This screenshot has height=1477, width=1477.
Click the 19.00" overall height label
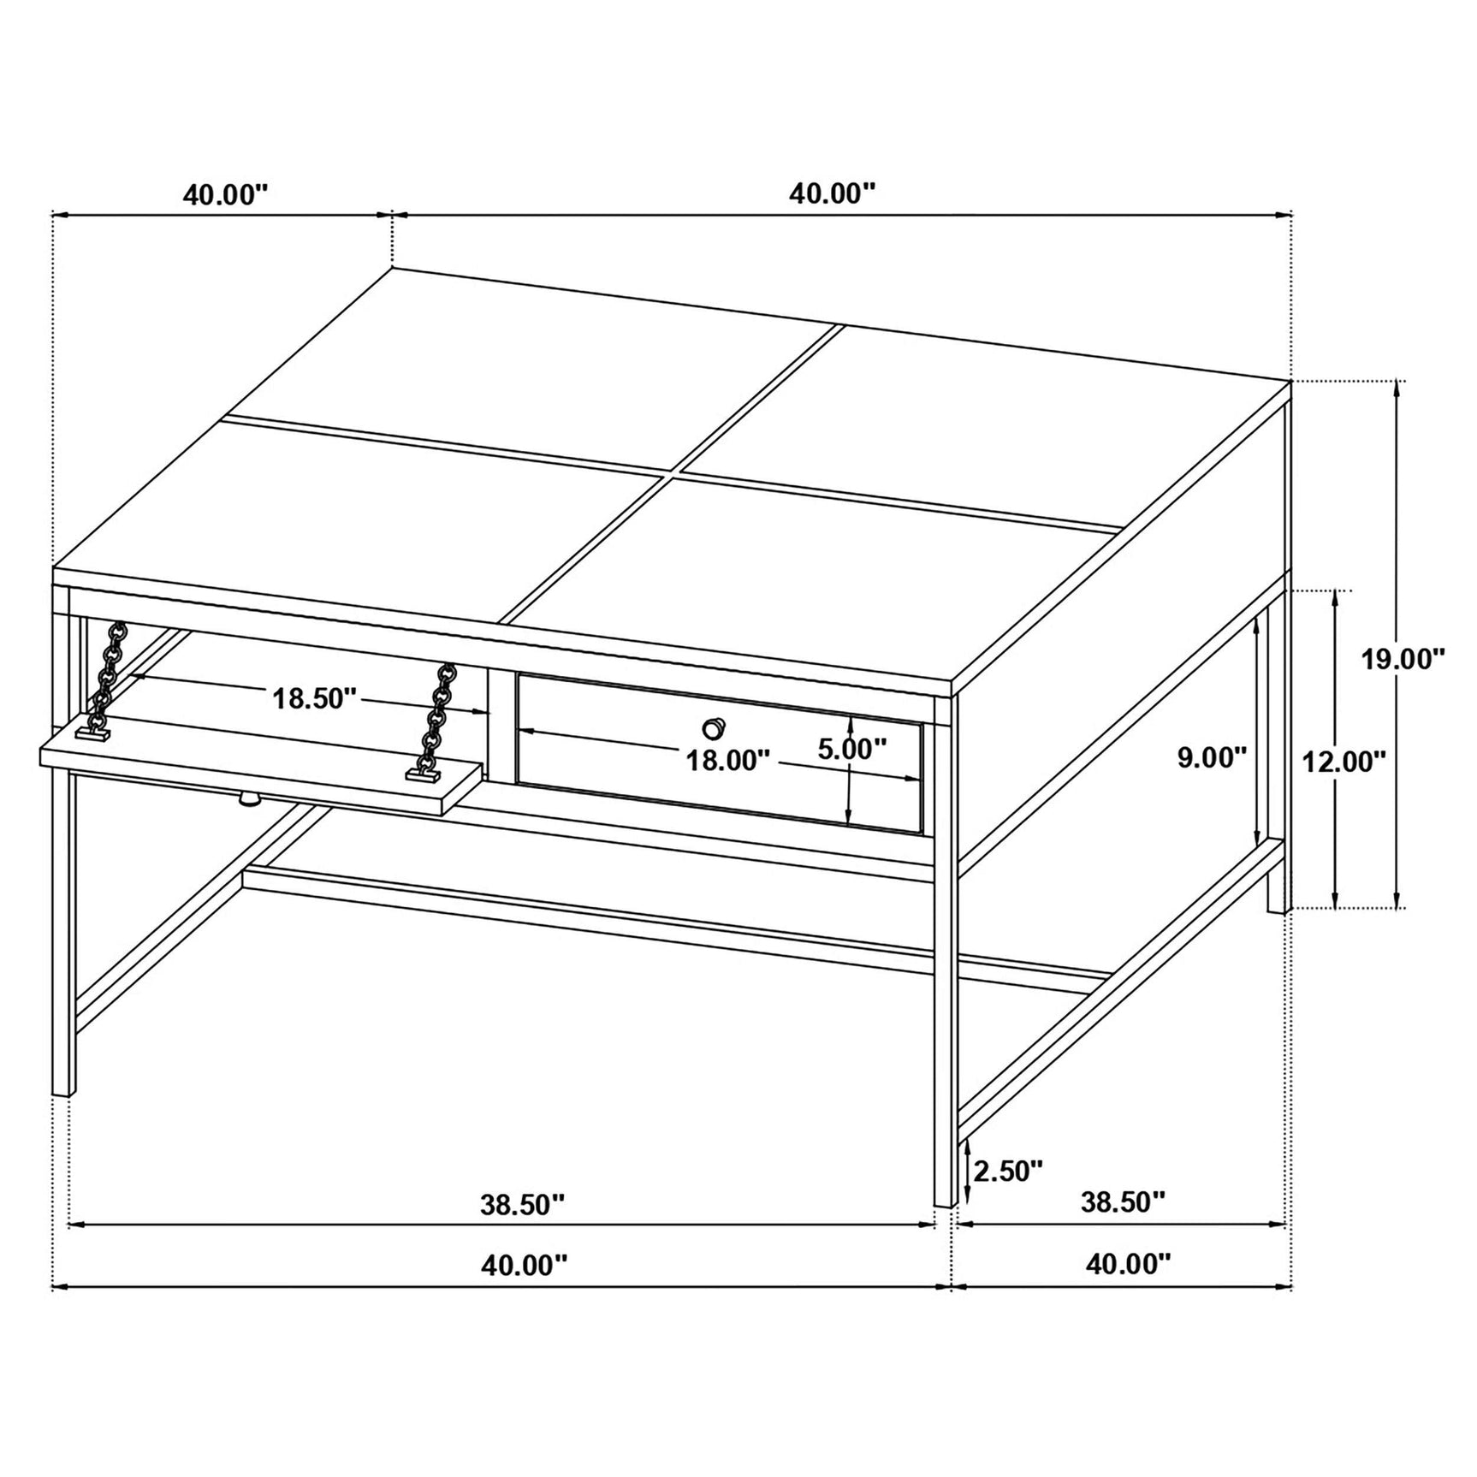(x=1403, y=659)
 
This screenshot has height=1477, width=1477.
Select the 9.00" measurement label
(x=1212, y=757)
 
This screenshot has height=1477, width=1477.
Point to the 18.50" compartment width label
(x=314, y=698)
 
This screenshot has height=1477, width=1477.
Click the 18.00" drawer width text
(x=728, y=760)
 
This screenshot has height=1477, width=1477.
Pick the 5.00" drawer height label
(x=851, y=749)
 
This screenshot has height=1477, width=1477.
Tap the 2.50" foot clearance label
(x=1008, y=1171)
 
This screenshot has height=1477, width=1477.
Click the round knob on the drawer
(x=713, y=728)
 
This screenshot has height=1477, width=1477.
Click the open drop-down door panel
(x=257, y=766)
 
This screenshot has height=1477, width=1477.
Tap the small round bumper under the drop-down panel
(x=248, y=800)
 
